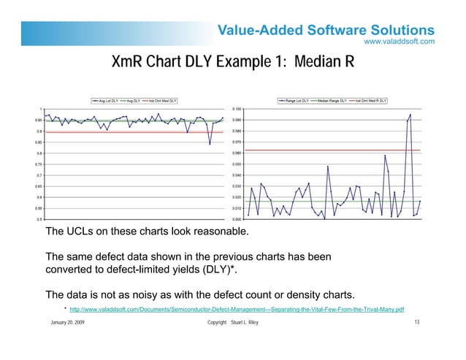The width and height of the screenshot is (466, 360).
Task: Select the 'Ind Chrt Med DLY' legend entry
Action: pyautogui.click(x=163, y=101)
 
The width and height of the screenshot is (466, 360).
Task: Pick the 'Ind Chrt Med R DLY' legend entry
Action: pyautogui.click(x=370, y=101)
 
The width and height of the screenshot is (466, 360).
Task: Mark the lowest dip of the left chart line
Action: pyautogui.click(x=210, y=144)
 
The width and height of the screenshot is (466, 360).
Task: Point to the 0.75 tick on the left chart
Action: pyautogui.click(x=37, y=164)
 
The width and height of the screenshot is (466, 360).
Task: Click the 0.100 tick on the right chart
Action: pyautogui.click(x=237, y=109)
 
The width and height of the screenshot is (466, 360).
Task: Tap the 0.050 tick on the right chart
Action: pyautogui.click(x=237, y=164)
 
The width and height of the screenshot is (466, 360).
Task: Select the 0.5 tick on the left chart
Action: pyautogui.click(x=38, y=219)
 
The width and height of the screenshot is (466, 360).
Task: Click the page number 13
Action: pyautogui.click(x=416, y=323)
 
